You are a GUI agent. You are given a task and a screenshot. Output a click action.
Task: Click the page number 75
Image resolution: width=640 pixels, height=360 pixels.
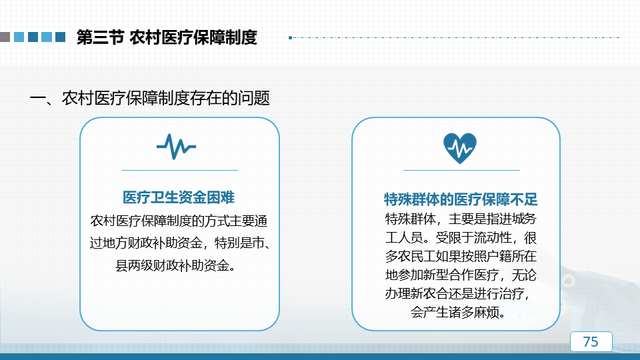pyautogui.click(x=591, y=341)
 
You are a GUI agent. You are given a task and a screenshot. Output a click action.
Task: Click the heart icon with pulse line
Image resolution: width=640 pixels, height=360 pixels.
pyautogui.click(x=460, y=148)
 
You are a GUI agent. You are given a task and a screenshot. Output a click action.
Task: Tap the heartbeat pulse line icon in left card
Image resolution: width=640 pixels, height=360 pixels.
pyautogui.click(x=176, y=147)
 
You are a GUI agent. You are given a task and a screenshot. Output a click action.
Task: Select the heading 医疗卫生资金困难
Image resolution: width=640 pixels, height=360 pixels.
pyautogui.click(x=179, y=197)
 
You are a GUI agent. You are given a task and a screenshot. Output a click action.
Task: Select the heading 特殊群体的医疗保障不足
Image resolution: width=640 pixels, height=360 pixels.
pyautogui.click(x=461, y=199)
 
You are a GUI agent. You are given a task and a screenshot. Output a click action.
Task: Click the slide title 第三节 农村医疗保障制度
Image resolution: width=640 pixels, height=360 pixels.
pyautogui.click(x=167, y=37)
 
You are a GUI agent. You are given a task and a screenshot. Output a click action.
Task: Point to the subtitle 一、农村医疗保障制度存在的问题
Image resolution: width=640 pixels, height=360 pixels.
pyautogui.click(x=150, y=99)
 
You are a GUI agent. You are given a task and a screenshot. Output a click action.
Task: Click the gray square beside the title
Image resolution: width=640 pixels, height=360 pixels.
pyautogui.click(x=5, y=37)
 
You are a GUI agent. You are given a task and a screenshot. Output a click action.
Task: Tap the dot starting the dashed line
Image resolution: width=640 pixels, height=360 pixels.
pyautogui.click(x=290, y=37)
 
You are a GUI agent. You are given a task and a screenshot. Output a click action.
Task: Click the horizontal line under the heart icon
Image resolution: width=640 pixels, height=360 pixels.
pyautogui.click(x=461, y=170)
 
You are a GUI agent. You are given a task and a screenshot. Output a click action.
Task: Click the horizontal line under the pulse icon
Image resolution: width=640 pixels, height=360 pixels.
pyautogui.click(x=179, y=170)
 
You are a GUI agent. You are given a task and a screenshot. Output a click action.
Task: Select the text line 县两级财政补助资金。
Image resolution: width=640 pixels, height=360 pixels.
pyautogui.click(x=176, y=266)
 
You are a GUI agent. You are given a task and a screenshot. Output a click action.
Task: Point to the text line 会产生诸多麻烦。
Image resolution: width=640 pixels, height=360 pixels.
pyautogui.click(x=459, y=313)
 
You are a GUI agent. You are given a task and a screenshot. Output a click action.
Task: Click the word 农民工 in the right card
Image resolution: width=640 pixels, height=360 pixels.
pyautogui.click(x=416, y=256)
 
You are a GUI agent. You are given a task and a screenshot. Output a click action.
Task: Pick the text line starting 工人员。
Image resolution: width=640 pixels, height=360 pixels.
pyautogui.click(x=461, y=237)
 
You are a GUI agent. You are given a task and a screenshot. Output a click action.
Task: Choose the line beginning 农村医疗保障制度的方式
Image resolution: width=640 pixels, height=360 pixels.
pyautogui.click(x=179, y=221)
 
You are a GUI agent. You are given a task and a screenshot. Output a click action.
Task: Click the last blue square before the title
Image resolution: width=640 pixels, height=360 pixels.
pyautogui.click(x=61, y=37)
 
